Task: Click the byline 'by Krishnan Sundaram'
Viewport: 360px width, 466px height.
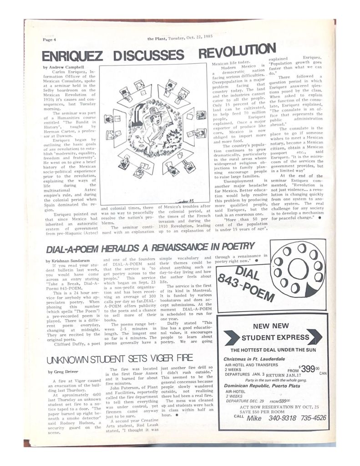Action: (68, 260)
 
